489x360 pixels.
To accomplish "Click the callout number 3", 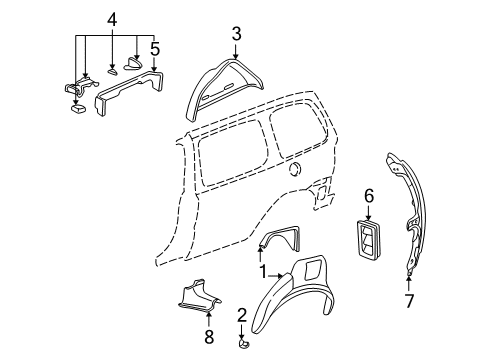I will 235,35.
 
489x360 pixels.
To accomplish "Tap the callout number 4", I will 113,19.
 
